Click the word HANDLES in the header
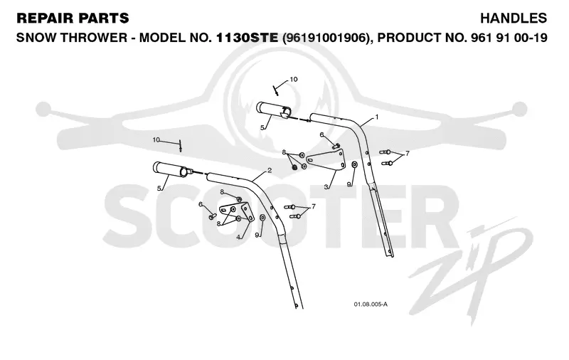(x=514, y=18)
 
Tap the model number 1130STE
(x=247, y=38)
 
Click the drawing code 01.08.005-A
(x=371, y=304)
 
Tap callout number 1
(x=377, y=117)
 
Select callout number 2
(x=270, y=170)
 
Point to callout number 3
(x=326, y=186)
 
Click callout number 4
(x=238, y=237)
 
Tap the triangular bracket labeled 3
(x=326, y=160)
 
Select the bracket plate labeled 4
(x=236, y=211)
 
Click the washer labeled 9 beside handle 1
(x=354, y=165)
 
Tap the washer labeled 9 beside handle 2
(x=262, y=218)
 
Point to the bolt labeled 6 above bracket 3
(x=336, y=146)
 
